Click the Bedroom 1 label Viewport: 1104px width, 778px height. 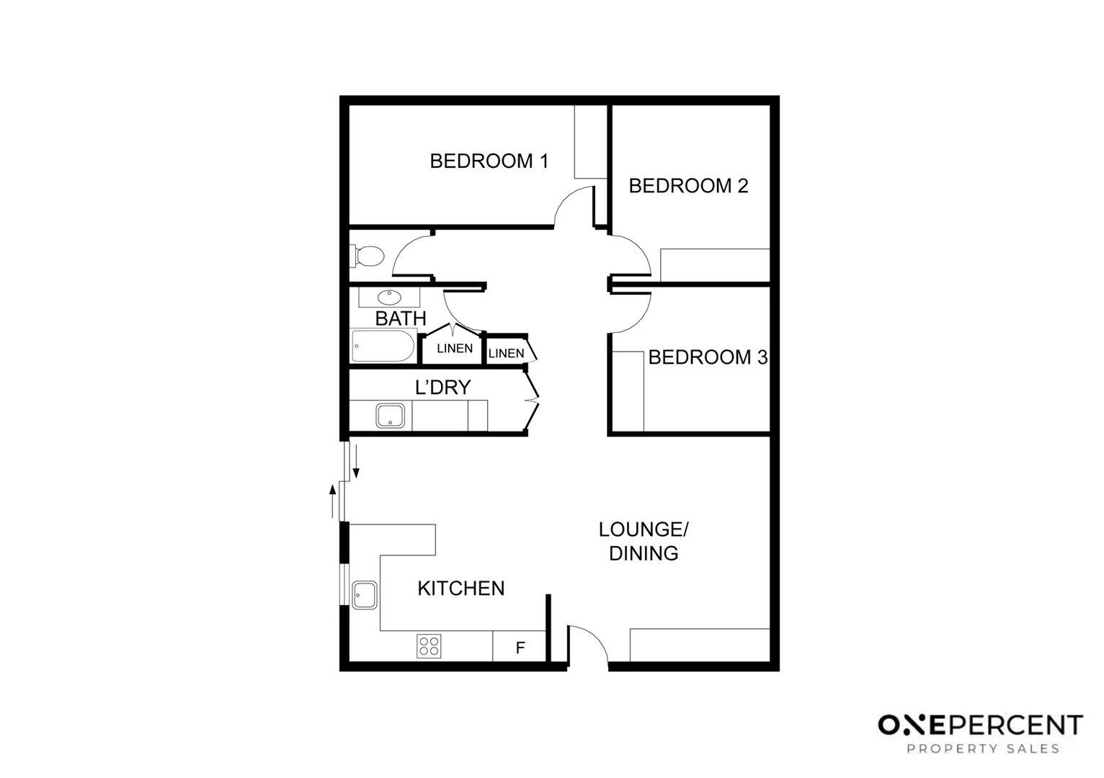click(489, 161)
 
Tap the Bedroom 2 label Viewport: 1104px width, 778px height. click(688, 186)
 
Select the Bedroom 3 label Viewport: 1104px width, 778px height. click(708, 357)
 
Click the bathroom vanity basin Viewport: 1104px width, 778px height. click(389, 297)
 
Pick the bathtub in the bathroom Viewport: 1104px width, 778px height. click(383, 346)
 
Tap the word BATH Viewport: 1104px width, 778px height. click(401, 318)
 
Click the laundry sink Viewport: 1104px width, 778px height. click(390, 416)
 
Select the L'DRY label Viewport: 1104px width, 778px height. click(442, 388)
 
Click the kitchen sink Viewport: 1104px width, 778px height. click(365, 595)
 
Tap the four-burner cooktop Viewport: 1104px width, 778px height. click(429, 645)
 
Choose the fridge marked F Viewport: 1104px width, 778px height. click(520, 648)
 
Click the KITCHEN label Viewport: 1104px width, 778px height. click(461, 589)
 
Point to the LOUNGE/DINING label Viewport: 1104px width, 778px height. click(644, 541)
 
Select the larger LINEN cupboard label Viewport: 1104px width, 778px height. click(455, 349)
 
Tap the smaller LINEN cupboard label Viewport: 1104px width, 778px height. click(506, 353)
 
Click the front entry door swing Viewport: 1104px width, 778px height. click(587, 643)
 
